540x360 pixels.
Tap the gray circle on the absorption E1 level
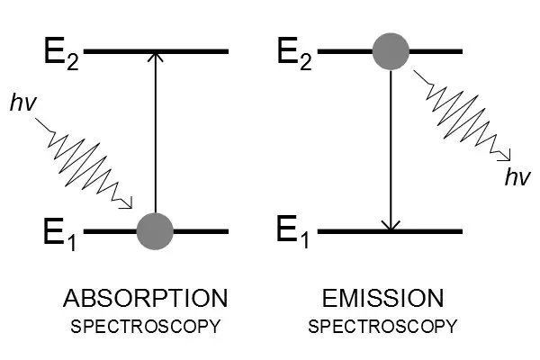pyautogui.click(x=155, y=231)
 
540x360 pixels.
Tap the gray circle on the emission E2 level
pyautogui.click(x=391, y=51)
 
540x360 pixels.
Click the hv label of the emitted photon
pyautogui.click(x=516, y=177)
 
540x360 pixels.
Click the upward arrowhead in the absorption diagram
pyautogui.click(x=155, y=57)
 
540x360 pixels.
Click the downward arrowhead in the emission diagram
pyautogui.click(x=391, y=226)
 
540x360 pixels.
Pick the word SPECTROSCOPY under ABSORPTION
pyautogui.click(x=145, y=325)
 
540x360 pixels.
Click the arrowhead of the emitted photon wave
pyautogui.click(x=509, y=155)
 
